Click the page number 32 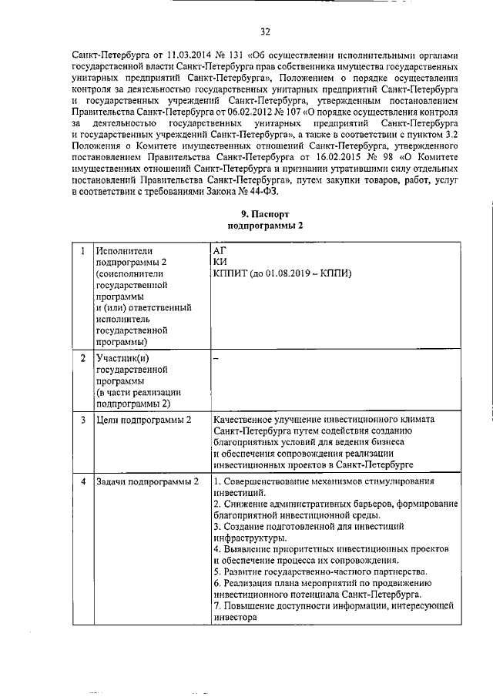pyautogui.click(x=265, y=32)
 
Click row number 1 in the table pyautogui.click(x=82, y=251)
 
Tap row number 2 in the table pyautogui.click(x=82, y=358)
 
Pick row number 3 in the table pyautogui.click(x=82, y=420)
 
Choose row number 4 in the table pyautogui.click(x=82, y=481)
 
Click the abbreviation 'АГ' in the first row pyautogui.click(x=220, y=251)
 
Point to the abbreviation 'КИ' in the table pyautogui.click(x=220, y=263)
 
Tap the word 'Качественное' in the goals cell pyautogui.click(x=246, y=420)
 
